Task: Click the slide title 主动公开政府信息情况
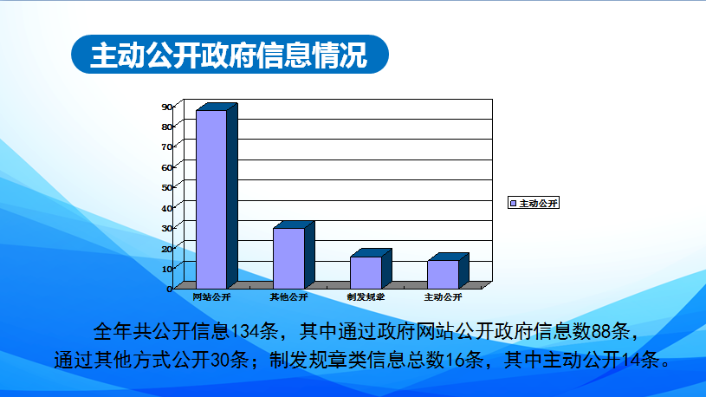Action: pos(229,55)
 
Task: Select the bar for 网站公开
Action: pos(217,196)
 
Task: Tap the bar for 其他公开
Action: pos(294,255)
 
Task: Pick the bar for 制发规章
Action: pos(371,269)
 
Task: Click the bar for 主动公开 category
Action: pos(448,270)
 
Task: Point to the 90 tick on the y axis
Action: pos(166,107)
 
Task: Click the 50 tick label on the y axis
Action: pos(166,187)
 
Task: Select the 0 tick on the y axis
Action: pos(169,289)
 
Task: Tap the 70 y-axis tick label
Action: pos(166,146)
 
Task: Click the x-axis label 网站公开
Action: pos(211,297)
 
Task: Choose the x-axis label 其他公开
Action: pos(288,297)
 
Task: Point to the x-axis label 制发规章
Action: pos(366,297)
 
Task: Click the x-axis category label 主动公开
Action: pos(443,297)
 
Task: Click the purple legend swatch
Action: pos(513,203)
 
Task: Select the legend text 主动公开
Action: pos(539,203)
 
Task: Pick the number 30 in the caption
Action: pos(220,360)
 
